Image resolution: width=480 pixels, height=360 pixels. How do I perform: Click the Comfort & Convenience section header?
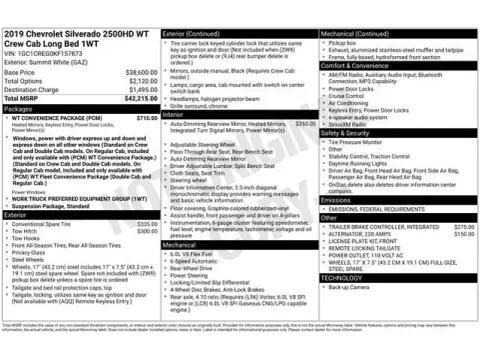(352, 64)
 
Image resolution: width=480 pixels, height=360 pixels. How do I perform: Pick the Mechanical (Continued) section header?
(355, 33)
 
